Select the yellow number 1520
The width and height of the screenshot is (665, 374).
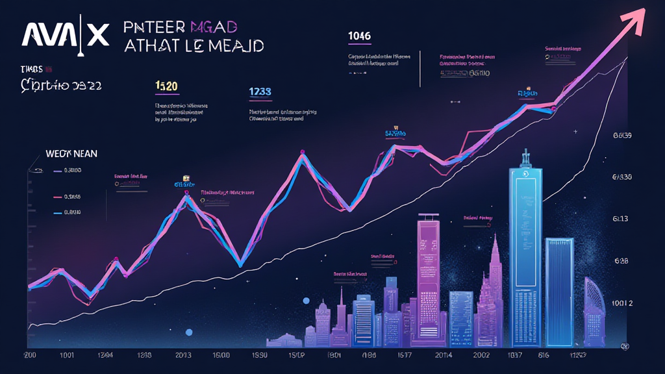tap(167, 86)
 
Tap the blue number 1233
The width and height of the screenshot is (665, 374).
tap(260, 93)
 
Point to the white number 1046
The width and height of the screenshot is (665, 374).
tap(359, 36)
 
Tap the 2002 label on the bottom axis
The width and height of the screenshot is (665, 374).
tap(483, 356)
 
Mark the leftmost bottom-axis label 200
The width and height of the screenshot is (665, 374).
tap(30, 356)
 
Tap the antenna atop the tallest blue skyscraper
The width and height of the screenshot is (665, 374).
tap(527, 158)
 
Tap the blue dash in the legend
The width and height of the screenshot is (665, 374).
tap(56, 212)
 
